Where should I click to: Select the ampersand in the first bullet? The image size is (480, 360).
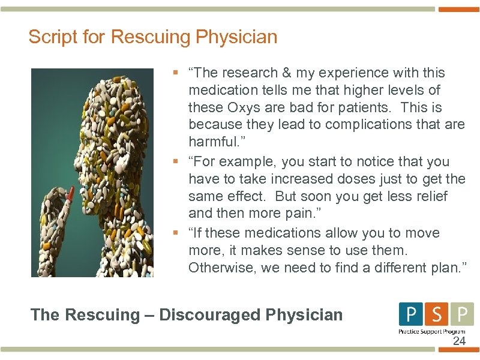[x=285, y=73]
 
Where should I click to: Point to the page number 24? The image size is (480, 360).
[x=459, y=341]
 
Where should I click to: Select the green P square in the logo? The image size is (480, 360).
[x=462, y=314]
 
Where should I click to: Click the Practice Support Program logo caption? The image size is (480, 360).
[x=431, y=331]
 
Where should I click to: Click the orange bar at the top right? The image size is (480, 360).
[x=459, y=9]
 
